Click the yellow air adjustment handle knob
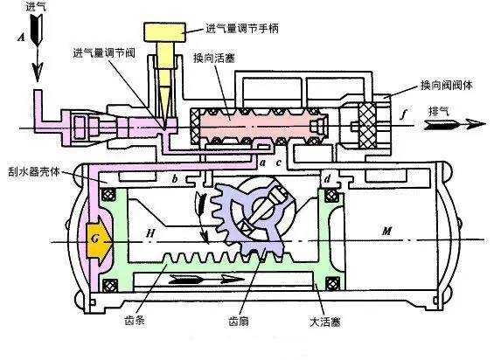pos(164,32)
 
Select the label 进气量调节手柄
pos(242,29)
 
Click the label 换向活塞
pos(214,59)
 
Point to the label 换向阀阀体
pos(447,85)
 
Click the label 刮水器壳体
pos(34,171)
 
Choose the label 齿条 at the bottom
pos(135,321)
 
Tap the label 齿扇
pos(239,321)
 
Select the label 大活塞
pos(325,322)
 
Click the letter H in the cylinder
pos(150,233)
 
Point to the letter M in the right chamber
pos(386,232)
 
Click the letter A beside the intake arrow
pos(21,38)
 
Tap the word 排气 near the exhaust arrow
pos(439,111)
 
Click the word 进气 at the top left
pos(36,7)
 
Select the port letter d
pos(328,179)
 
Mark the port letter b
pos(175,179)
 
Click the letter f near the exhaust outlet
pos(404,114)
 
